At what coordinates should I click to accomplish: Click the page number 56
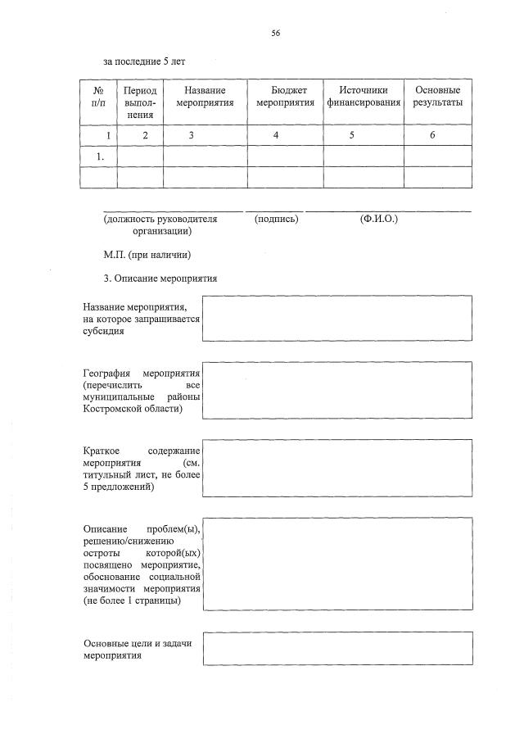click(x=276, y=33)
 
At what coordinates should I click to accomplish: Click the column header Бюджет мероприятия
click(x=285, y=97)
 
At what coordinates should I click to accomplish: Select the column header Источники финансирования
click(x=364, y=97)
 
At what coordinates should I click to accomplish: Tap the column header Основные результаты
click(x=437, y=97)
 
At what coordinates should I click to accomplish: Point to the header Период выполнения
click(x=140, y=102)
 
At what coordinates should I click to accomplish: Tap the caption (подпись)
click(x=276, y=220)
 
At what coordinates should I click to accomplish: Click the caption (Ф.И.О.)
click(x=378, y=220)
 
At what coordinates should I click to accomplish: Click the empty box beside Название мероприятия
click(x=337, y=319)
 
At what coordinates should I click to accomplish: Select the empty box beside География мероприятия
click(x=337, y=388)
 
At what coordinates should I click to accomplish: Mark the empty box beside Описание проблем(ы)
click(x=337, y=564)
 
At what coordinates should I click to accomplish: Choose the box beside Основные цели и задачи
click(x=337, y=649)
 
